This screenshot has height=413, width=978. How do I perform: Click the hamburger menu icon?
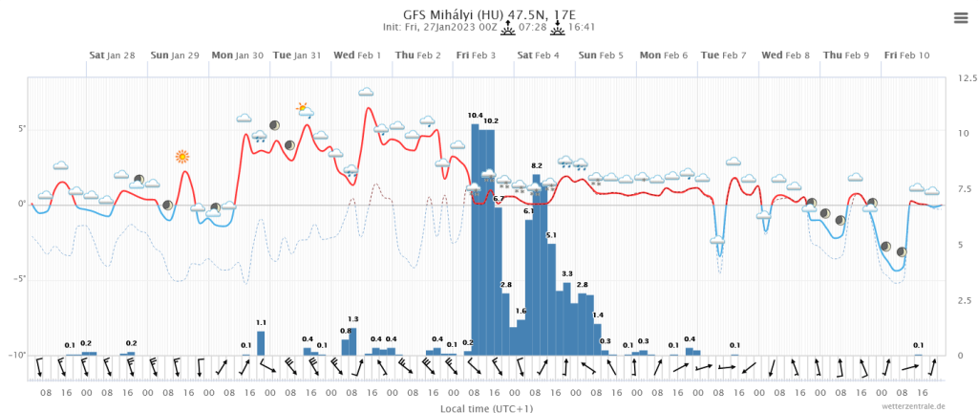961,18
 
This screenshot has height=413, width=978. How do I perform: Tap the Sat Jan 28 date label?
112,55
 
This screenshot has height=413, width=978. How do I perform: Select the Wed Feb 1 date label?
357,55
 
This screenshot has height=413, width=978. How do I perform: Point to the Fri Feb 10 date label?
906,55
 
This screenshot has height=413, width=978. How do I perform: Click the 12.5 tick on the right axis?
966,76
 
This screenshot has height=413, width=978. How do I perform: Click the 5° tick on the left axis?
21,129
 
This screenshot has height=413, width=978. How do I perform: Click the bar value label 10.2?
491,121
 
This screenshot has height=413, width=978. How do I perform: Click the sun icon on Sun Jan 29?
182,156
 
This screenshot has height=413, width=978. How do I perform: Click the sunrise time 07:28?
532,28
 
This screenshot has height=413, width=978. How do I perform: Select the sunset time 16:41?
582,28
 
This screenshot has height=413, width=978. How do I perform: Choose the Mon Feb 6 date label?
664,55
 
